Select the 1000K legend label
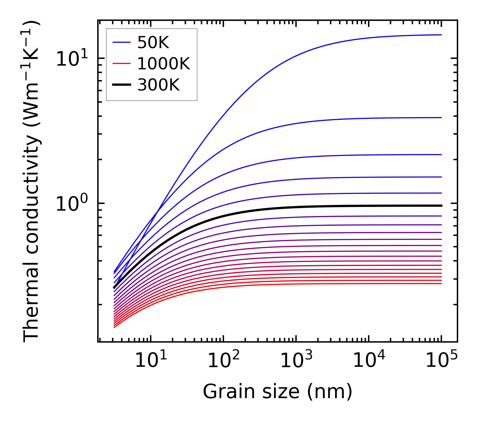point(163,64)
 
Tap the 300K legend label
point(158,85)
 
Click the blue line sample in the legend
point(121,42)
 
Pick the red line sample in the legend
point(121,64)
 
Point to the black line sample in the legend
point(121,85)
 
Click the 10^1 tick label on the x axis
point(151,361)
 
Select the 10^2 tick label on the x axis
point(223,361)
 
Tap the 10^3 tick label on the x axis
point(296,361)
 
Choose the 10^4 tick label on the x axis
point(369,361)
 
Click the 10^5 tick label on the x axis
point(441,361)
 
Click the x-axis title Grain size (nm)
point(278,392)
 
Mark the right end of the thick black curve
point(441,205)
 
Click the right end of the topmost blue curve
point(441,35)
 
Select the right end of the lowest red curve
point(441,283)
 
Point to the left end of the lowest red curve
point(114,327)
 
